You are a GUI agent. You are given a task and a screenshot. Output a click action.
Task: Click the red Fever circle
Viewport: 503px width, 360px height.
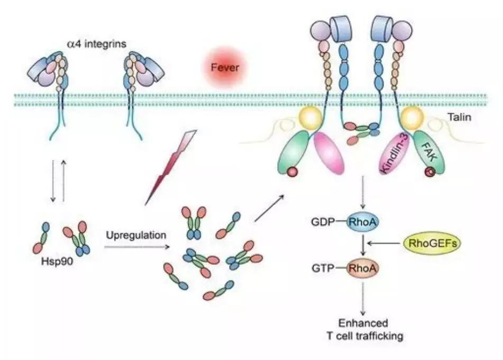tap(225, 67)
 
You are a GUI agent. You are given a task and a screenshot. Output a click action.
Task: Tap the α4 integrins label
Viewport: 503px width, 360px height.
tap(97, 43)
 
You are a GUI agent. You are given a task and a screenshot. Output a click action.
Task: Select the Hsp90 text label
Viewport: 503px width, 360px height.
tap(57, 262)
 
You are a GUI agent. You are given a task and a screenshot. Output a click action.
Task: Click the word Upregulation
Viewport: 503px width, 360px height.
tap(136, 236)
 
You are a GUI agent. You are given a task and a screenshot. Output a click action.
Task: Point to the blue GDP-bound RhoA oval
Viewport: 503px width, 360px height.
tap(362, 222)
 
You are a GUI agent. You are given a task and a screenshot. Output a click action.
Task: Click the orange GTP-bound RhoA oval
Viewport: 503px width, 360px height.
tap(362, 268)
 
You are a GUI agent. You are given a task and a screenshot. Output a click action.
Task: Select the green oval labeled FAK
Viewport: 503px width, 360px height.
tap(429, 153)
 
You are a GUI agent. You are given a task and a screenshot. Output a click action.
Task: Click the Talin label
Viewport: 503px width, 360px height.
tap(460, 117)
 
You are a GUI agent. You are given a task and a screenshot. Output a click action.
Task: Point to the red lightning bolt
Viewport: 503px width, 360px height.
tap(171, 167)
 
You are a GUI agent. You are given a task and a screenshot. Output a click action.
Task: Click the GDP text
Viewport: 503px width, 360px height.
tap(323, 222)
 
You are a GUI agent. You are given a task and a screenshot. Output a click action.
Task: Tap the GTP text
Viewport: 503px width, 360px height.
tap(323, 268)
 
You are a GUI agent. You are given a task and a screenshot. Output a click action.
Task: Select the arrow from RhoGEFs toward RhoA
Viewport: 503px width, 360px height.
tap(385, 244)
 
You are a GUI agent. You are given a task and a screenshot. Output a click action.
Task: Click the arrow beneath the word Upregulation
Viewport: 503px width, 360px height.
tap(137, 247)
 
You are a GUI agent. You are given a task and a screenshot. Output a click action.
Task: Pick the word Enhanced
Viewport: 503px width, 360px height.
tap(363, 323)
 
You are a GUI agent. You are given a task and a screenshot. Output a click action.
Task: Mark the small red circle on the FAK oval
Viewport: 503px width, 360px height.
tap(429, 172)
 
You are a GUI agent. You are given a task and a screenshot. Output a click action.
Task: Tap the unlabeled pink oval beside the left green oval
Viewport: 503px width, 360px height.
tap(328, 153)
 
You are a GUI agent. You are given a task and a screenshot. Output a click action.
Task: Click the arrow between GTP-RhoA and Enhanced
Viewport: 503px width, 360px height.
tap(363, 299)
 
